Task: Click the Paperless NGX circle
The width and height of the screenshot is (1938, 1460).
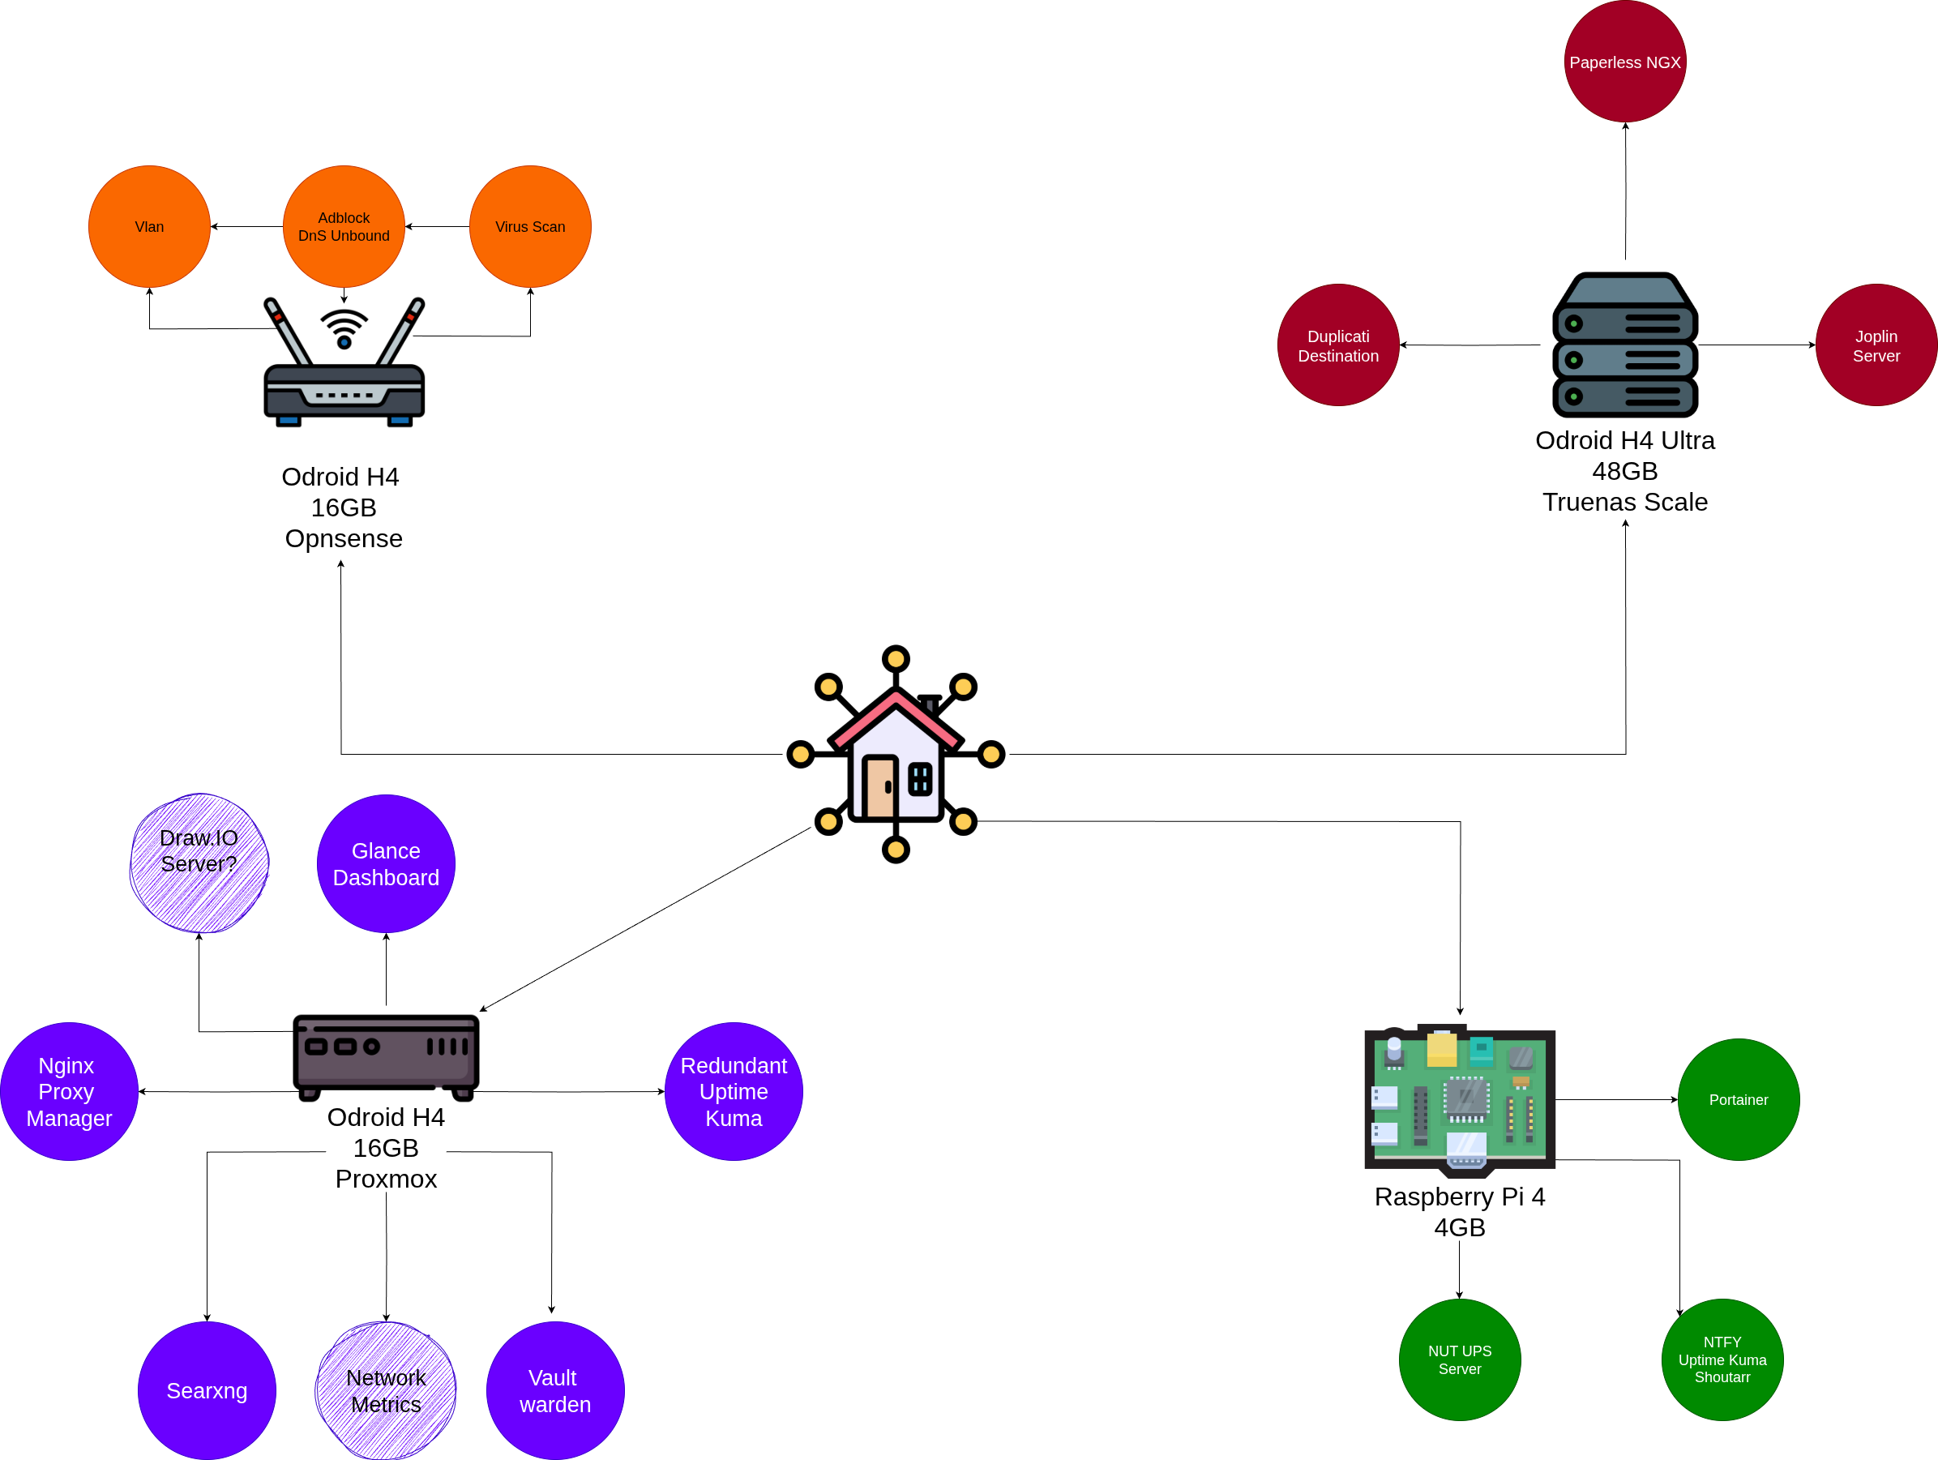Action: pyautogui.click(x=1624, y=62)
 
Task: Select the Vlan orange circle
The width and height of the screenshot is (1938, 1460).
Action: pyautogui.click(x=149, y=226)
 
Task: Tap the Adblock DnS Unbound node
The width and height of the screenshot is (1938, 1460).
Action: pyautogui.click(x=344, y=226)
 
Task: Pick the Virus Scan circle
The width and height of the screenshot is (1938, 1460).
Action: pyautogui.click(x=530, y=226)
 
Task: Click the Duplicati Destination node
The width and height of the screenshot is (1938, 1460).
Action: pyautogui.click(x=1338, y=345)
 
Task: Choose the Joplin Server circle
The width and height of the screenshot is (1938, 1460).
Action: pyautogui.click(x=1876, y=345)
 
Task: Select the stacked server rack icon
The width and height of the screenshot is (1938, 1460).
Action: pyautogui.click(x=1624, y=345)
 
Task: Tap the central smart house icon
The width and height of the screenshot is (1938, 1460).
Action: pyautogui.click(x=896, y=755)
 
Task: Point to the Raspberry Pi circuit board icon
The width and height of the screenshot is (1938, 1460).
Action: pyautogui.click(x=1460, y=1101)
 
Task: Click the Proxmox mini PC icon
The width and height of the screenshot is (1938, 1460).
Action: pyautogui.click(x=386, y=1056)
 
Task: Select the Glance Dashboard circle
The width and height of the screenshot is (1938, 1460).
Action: pyautogui.click(x=386, y=864)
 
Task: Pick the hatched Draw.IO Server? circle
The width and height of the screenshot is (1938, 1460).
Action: pyautogui.click(x=199, y=864)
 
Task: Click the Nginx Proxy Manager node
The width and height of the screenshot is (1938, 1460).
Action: pyautogui.click(x=68, y=1092)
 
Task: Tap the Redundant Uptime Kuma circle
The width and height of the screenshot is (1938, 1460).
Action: pyautogui.click(x=734, y=1092)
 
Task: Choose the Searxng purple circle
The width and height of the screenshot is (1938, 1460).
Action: pyautogui.click(x=207, y=1391)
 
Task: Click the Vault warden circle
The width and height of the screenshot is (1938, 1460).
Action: pyautogui.click(x=554, y=1391)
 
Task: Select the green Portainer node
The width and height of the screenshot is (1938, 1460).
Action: pyautogui.click(x=1739, y=1100)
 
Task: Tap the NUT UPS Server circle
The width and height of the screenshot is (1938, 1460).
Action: pyautogui.click(x=1460, y=1360)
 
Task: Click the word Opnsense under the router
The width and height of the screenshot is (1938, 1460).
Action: pyautogui.click(x=344, y=538)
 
